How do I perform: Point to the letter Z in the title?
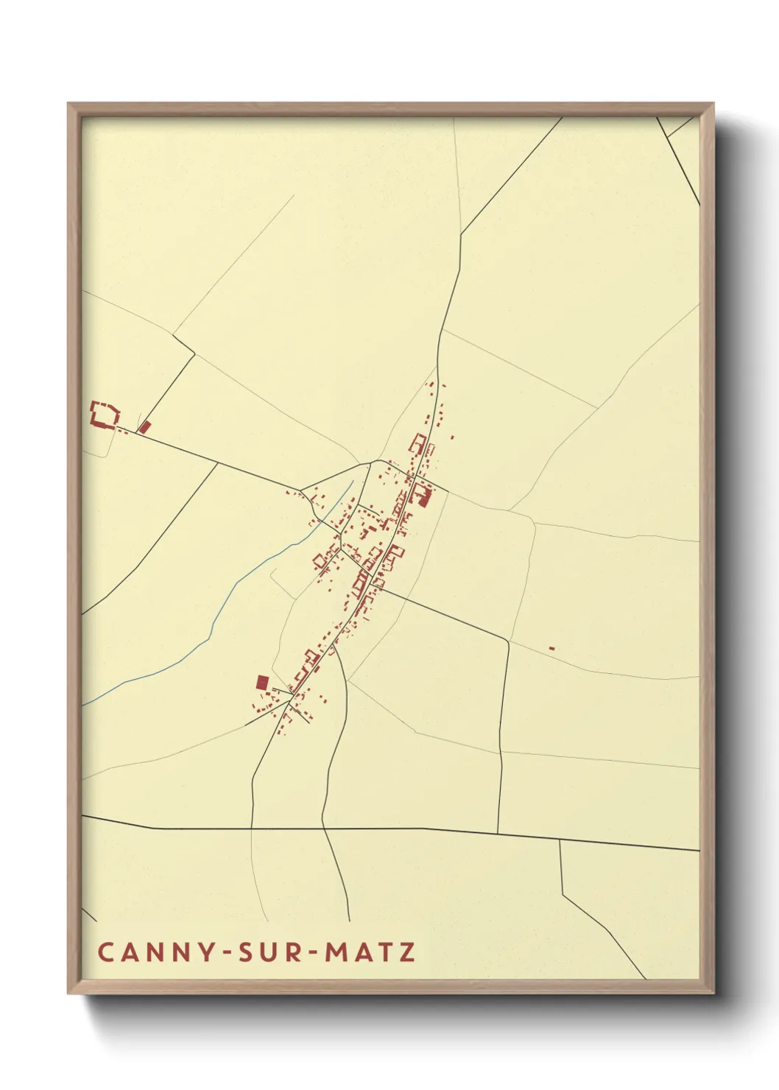point(407,952)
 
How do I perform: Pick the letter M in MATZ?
point(335,952)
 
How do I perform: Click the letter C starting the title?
point(105,952)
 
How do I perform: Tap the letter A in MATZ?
point(362,952)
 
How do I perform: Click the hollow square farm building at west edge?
point(104,412)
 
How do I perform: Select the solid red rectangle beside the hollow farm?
point(145,426)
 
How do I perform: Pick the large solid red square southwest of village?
point(262,682)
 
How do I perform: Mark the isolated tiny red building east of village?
point(551,648)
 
